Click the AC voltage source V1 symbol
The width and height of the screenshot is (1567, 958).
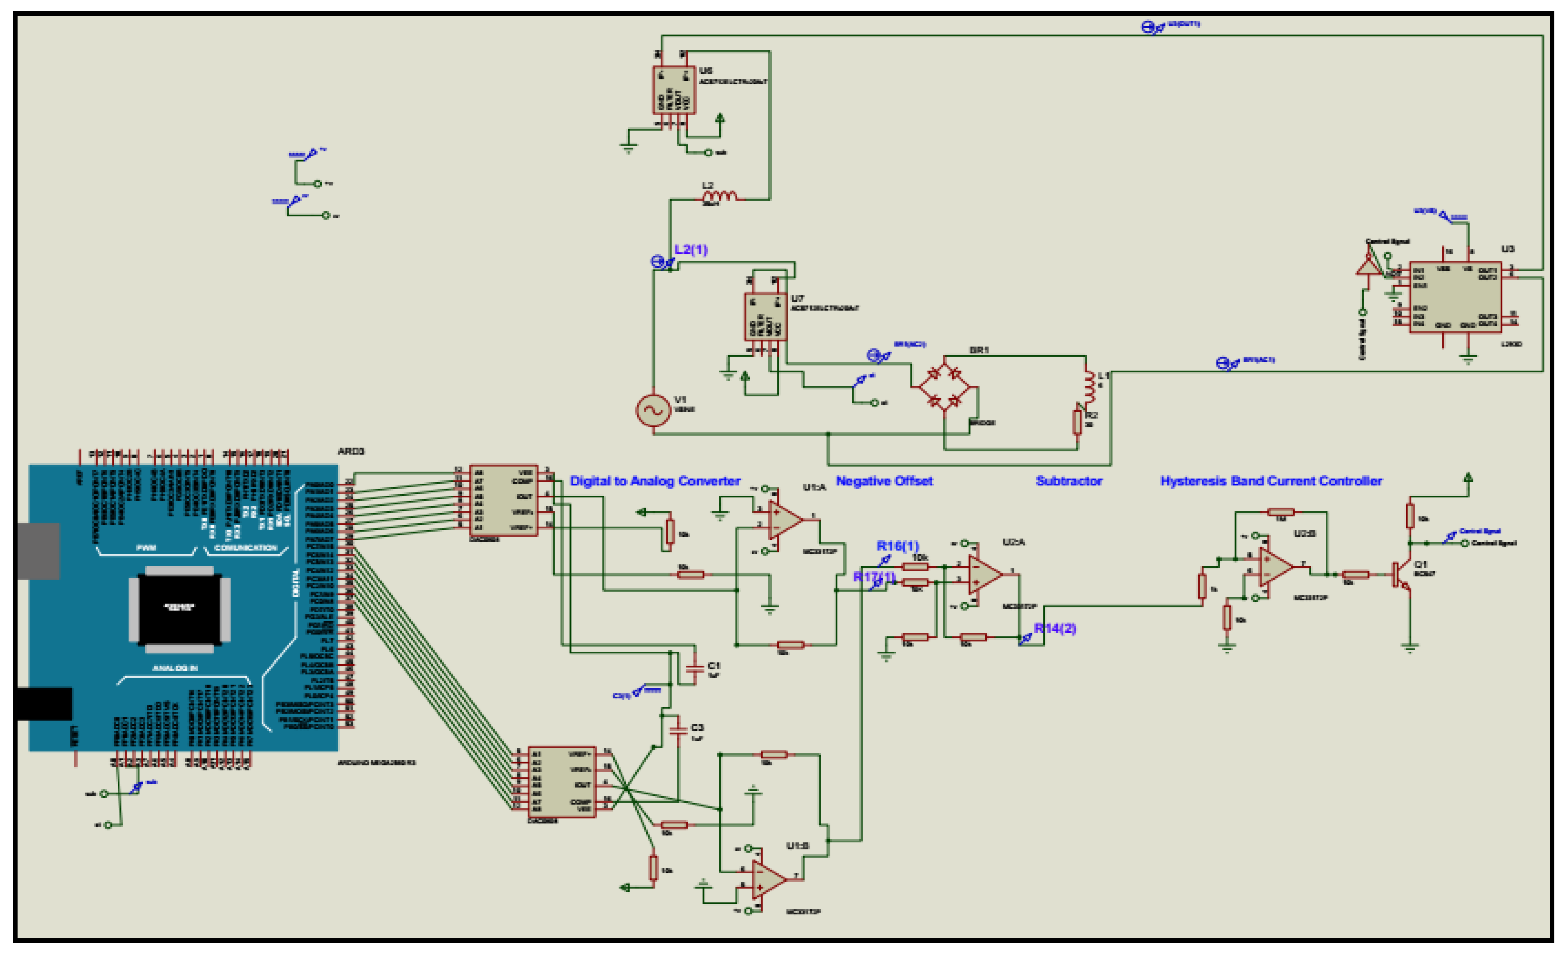click(653, 410)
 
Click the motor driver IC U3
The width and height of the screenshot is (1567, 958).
click(1455, 297)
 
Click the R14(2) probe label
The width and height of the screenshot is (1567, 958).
click(1055, 628)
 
